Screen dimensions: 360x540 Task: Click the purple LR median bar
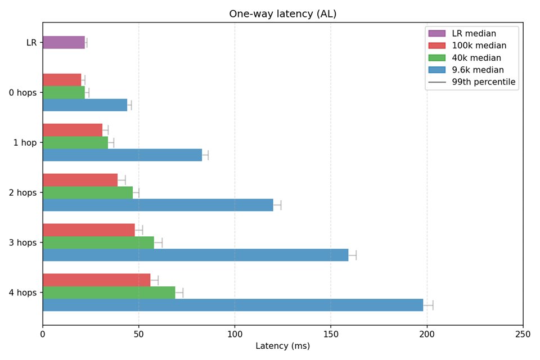(64, 42)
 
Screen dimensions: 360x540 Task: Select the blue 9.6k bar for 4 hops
(232, 305)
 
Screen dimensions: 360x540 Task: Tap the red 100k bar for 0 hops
(62, 80)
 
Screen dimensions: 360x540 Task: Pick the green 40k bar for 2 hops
(88, 192)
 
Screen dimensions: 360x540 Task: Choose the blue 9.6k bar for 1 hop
(122, 155)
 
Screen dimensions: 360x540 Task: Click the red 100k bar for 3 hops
(89, 229)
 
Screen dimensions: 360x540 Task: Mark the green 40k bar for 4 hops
(109, 292)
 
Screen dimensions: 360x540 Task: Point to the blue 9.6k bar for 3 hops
(195, 255)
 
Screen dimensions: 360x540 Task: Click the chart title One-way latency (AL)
(282, 14)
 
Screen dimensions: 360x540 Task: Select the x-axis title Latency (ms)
(282, 346)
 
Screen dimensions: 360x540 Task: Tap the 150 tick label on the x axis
(331, 334)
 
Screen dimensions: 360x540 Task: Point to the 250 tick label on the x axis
(523, 334)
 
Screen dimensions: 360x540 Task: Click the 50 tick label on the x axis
(139, 334)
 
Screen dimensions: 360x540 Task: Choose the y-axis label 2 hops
(22, 192)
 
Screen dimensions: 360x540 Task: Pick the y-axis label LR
(31, 42)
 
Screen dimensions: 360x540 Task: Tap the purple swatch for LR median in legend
(436, 34)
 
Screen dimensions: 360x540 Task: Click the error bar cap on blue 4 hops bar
(433, 305)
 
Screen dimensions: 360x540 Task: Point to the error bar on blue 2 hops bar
(277, 205)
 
